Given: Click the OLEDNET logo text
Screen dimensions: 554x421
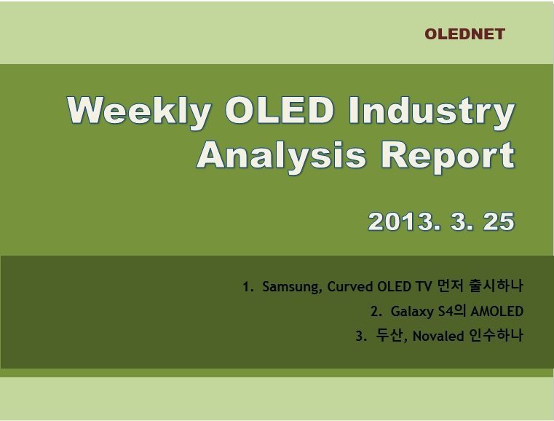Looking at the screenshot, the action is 464,34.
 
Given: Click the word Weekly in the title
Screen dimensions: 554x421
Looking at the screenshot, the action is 139,111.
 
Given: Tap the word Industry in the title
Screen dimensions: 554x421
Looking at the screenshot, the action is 432,111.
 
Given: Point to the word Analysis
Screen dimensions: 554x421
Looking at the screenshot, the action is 281,157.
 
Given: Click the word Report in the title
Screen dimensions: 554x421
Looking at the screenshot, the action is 448,157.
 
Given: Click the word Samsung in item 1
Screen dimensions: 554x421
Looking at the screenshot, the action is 292,287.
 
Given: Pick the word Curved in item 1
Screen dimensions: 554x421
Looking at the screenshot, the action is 350,286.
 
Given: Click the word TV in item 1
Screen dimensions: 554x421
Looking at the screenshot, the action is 423,286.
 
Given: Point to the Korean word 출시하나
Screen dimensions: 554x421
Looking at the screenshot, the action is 496,286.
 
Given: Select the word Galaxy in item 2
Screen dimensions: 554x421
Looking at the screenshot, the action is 412,312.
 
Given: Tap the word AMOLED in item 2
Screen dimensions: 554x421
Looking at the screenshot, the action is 496,312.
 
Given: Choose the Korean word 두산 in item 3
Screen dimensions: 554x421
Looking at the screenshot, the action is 389,335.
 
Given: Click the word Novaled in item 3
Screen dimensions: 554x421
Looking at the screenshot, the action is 438,336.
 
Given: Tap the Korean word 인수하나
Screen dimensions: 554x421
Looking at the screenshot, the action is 496,335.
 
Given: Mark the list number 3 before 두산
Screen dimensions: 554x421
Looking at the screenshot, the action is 359,336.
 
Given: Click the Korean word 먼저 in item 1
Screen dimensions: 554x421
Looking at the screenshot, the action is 450,286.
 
